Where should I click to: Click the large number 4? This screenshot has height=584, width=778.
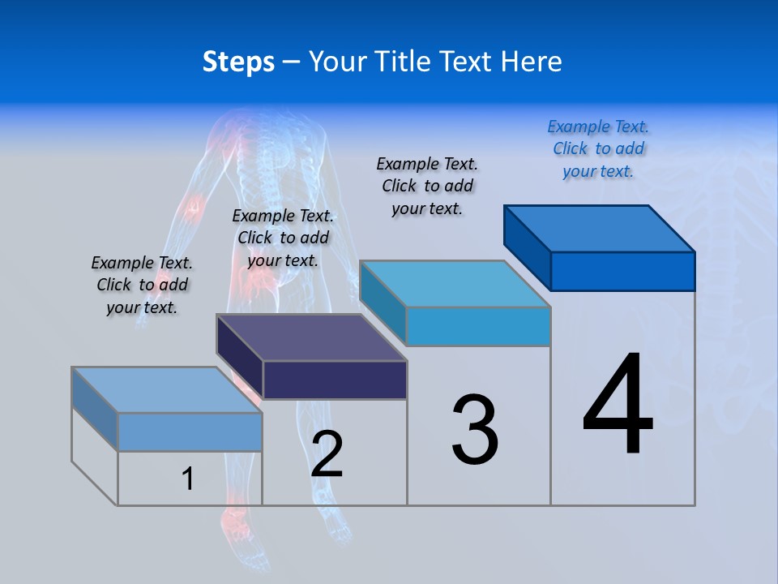[618, 406]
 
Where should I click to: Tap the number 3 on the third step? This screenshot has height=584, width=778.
[475, 430]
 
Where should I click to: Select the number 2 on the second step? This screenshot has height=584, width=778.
[327, 454]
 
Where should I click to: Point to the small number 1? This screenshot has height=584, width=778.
[188, 479]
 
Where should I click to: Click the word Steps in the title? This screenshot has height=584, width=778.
[238, 62]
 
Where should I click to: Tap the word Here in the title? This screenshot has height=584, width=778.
[531, 62]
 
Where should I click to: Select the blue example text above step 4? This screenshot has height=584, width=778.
[598, 149]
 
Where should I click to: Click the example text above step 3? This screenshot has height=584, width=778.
[428, 186]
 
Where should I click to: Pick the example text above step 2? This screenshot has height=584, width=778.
[283, 238]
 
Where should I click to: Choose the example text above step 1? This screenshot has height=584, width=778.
[142, 285]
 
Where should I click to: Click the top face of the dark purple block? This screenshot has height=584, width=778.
[312, 337]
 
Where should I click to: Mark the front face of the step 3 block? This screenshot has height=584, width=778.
[478, 327]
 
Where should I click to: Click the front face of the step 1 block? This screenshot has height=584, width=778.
[190, 432]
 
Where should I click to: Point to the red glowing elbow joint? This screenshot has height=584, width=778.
[194, 207]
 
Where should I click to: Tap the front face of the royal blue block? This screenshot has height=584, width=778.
[622, 271]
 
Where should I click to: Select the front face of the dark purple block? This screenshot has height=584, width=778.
[335, 380]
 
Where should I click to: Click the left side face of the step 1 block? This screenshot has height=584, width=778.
[95, 408]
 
